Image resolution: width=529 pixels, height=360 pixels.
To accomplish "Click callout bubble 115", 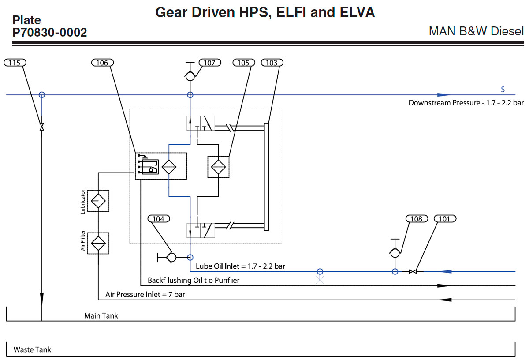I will (x=15, y=63).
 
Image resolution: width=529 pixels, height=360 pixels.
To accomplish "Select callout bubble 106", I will (x=102, y=63).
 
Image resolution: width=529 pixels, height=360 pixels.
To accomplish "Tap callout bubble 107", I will (x=209, y=63).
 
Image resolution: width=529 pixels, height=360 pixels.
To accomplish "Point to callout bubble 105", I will (x=243, y=63).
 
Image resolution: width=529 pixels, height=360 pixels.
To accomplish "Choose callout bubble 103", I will (x=272, y=63).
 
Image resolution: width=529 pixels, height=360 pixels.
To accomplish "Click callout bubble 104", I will (x=158, y=219).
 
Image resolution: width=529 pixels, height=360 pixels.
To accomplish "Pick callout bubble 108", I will (x=416, y=219).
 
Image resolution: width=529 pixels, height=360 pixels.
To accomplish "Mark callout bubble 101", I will (x=445, y=219).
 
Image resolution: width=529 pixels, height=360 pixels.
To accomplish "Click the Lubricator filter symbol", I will (x=98, y=201).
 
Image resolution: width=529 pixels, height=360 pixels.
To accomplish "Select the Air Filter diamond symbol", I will (x=98, y=243).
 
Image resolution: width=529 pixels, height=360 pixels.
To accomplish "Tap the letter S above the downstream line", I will (x=503, y=90).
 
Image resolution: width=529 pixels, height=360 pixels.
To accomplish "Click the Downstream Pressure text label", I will (x=466, y=103).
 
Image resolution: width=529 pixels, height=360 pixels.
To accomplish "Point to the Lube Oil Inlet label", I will (x=240, y=266).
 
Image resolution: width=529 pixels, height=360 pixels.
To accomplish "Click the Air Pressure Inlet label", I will (x=145, y=294).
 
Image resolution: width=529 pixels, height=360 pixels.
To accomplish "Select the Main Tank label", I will (x=101, y=315).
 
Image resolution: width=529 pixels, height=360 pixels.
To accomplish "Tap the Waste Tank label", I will (x=32, y=349).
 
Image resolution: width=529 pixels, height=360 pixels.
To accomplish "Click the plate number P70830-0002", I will (x=49, y=32).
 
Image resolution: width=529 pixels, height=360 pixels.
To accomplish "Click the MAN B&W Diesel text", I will (x=476, y=32).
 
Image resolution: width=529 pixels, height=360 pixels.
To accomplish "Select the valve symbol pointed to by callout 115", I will (x=42, y=127).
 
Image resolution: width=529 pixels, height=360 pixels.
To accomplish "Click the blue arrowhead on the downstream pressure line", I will (x=443, y=95).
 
